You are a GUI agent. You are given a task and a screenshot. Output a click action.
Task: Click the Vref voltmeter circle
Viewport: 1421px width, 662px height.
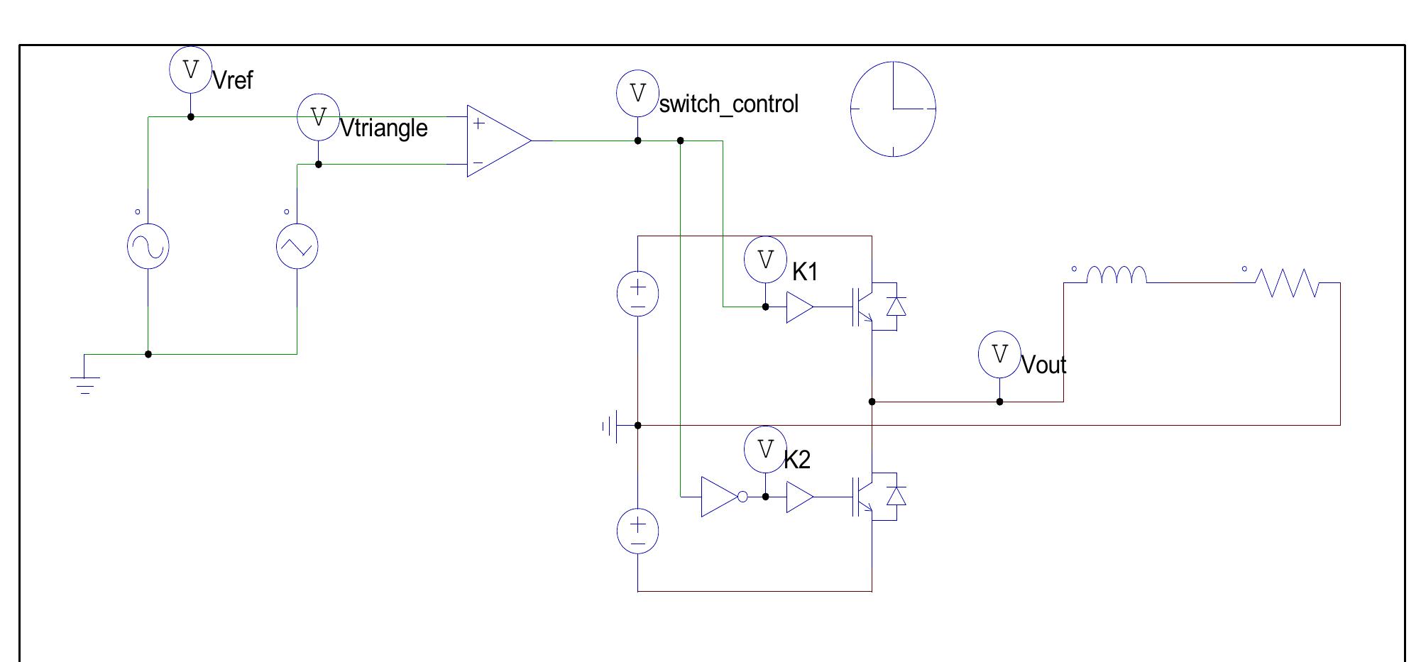190,70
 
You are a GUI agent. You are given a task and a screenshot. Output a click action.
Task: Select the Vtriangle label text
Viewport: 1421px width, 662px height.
384,128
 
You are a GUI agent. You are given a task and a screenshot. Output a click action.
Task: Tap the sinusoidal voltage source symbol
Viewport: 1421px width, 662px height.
148,246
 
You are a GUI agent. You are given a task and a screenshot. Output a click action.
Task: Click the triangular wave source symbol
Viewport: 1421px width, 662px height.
297,246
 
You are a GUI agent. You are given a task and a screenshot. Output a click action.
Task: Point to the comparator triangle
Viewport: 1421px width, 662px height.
497,140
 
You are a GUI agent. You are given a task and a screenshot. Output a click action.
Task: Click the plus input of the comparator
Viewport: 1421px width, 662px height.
478,123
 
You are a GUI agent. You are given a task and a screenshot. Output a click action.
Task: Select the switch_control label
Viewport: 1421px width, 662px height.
728,104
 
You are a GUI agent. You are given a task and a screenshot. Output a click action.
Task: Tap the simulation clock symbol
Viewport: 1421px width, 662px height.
893,109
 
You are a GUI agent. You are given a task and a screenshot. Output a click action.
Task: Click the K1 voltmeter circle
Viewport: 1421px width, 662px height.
765,260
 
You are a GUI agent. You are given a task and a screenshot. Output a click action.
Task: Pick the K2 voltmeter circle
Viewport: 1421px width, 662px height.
765,450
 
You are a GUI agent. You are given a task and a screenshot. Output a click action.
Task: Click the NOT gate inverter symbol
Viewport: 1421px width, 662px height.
721,497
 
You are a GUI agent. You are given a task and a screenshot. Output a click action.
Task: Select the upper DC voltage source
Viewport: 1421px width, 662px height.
637,294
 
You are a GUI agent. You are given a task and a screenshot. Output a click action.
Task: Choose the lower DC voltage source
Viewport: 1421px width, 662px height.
637,531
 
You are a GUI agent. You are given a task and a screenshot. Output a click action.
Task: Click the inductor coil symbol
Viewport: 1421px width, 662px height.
1116,275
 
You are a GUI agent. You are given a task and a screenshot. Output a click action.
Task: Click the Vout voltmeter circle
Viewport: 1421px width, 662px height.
999,354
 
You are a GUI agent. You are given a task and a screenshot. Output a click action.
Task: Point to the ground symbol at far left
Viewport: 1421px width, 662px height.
84,383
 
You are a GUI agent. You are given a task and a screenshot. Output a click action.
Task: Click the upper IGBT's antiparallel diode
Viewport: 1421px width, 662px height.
896,307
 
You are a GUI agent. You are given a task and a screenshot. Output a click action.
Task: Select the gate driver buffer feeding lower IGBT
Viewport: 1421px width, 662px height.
799,497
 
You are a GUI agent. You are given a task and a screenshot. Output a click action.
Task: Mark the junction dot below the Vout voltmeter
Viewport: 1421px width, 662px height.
999,402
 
